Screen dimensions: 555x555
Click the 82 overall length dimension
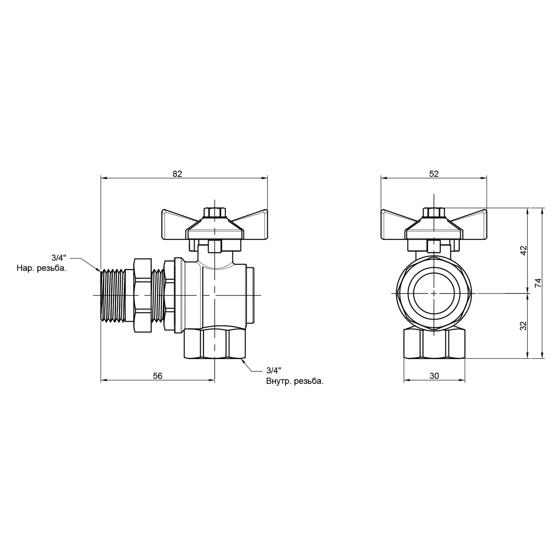click(177, 174)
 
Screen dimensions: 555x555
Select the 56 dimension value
click(157, 376)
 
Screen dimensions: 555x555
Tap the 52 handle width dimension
click(434, 174)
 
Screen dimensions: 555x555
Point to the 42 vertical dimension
click(523, 250)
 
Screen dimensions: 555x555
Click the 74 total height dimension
click(539, 283)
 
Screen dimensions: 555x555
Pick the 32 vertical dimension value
click(523, 326)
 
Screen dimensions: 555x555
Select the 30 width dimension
click(434, 376)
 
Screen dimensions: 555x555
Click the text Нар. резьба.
click(41, 269)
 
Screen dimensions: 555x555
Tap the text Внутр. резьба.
click(295, 382)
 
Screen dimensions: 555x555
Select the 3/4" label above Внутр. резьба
click(274, 370)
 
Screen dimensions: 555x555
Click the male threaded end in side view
click(113, 295)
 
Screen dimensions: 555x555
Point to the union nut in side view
click(143, 295)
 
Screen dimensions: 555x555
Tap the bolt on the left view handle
click(215, 213)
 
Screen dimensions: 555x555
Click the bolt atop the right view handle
click(434, 213)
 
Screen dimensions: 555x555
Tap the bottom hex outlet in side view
click(215, 344)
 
